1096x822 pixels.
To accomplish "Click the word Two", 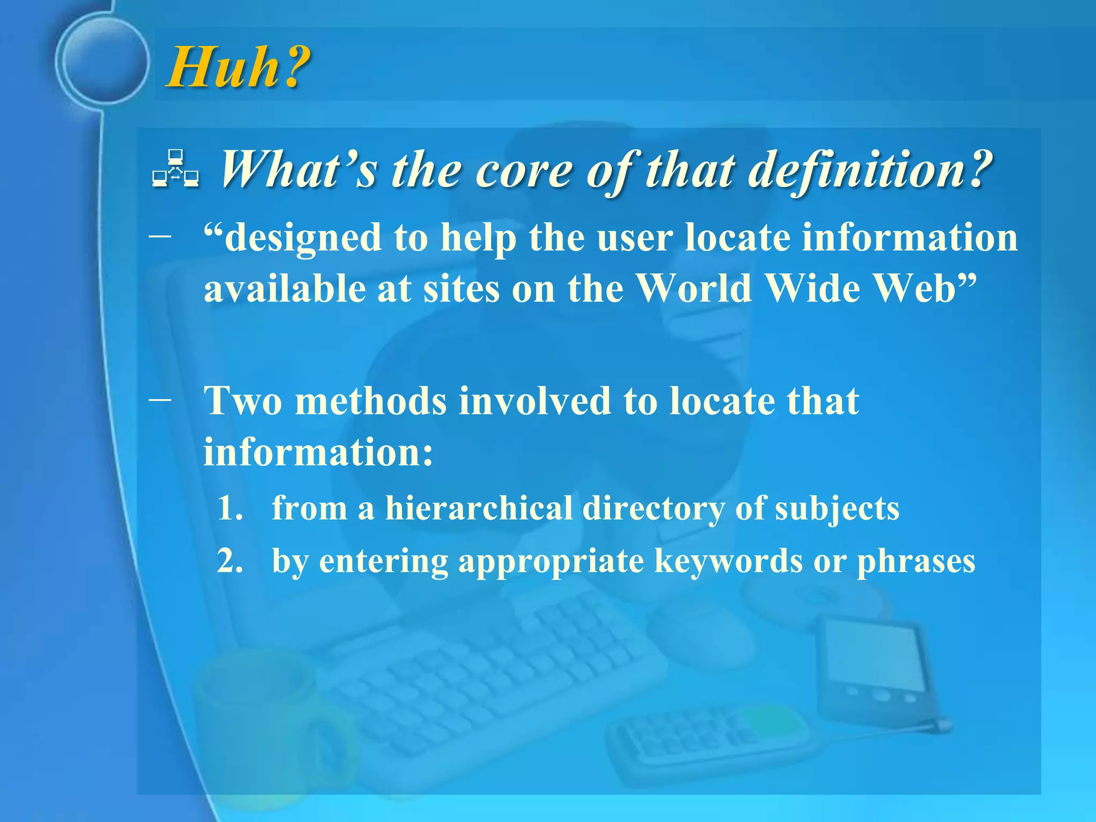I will click(x=243, y=401).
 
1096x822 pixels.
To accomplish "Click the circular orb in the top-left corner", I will click(x=102, y=59).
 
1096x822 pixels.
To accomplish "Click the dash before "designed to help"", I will click(x=161, y=235).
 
